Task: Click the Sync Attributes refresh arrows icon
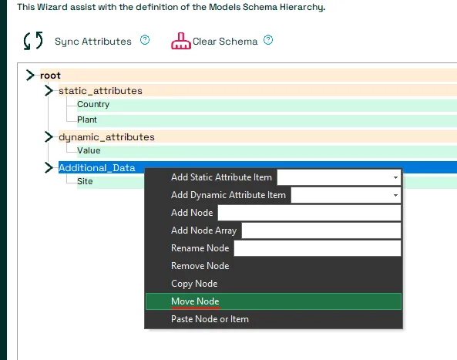(33, 41)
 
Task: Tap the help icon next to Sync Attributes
(145, 40)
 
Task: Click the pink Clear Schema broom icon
(180, 41)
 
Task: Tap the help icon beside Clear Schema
(268, 40)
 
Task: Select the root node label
(50, 76)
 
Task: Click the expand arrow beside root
(30, 76)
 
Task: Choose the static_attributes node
(100, 91)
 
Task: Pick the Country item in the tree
(93, 104)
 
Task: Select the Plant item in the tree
(87, 119)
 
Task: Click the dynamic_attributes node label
(106, 137)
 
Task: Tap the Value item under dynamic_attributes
(89, 150)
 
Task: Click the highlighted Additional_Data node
(97, 168)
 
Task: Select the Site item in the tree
(85, 181)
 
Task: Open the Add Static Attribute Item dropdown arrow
(395, 177)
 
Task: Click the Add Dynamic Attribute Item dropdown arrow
(395, 195)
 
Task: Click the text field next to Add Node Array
(321, 230)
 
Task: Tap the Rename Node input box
(318, 249)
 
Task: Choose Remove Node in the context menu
(200, 266)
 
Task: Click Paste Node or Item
(210, 319)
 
